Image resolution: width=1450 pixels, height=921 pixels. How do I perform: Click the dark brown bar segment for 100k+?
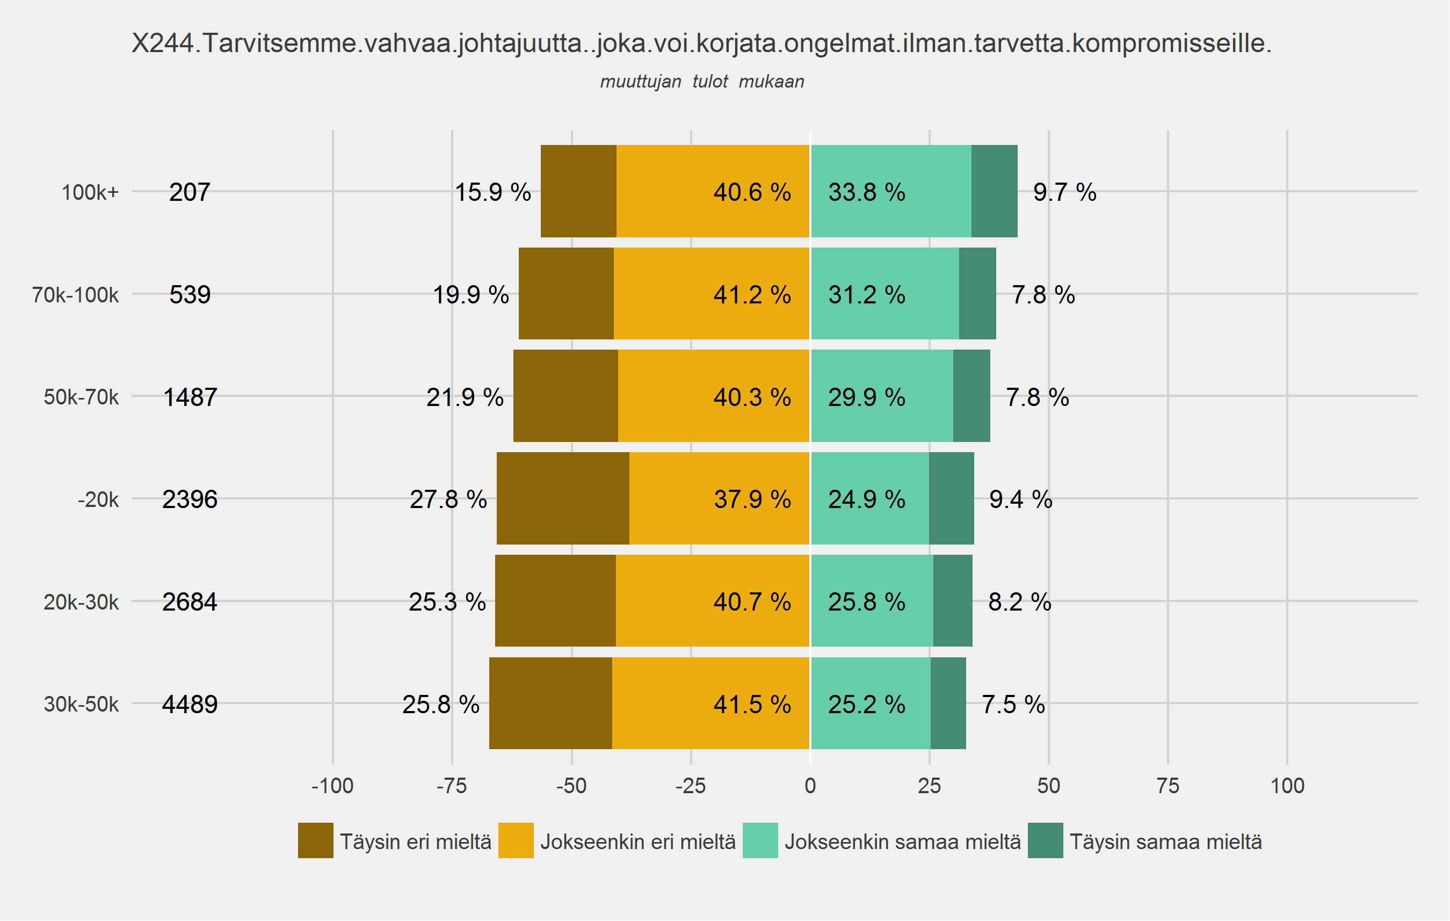578,191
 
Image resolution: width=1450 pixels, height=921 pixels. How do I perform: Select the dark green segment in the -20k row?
952,498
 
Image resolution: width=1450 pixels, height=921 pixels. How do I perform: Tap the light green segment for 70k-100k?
885,294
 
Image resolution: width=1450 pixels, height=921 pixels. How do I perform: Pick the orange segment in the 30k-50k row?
711,703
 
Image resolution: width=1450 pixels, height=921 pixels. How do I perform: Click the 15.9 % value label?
492,193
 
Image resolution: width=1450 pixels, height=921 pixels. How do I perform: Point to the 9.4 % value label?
1021,499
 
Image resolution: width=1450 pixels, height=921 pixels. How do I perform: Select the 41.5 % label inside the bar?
752,704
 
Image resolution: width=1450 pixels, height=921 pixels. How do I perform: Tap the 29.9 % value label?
866,397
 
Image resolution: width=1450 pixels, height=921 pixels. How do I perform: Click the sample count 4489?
190,704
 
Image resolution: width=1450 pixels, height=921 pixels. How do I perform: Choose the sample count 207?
190,193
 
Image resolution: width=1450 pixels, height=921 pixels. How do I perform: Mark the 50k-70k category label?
81,397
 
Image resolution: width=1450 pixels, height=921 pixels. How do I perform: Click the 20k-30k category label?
81,602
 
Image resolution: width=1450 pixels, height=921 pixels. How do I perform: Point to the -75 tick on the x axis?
452,786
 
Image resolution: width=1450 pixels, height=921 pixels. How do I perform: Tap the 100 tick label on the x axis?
1287,786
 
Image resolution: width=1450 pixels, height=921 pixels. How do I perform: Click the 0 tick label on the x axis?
810,786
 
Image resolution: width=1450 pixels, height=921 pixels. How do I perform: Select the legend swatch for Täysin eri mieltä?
316,840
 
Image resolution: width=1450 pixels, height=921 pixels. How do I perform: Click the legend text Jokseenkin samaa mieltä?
902,842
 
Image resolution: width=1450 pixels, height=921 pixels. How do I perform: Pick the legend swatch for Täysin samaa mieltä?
1046,840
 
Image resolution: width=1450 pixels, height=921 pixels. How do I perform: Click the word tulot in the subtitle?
710,81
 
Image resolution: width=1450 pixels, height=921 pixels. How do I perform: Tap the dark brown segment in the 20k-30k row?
555,601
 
